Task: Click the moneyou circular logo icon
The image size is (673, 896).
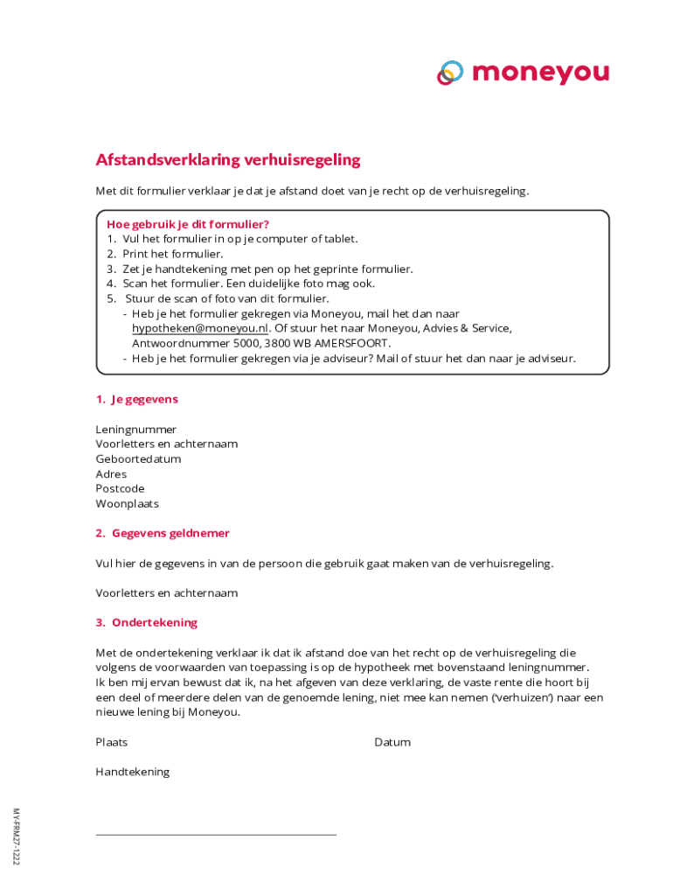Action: pyautogui.click(x=450, y=73)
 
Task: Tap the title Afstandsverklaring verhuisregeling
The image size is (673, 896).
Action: pyautogui.click(x=227, y=160)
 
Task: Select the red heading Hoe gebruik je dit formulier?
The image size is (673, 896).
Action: pyautogui.click(x=187, y=224)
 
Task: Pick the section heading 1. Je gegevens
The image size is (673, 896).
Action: pyautogui.click(x=137, y=399)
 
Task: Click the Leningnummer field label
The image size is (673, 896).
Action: pyautogui.click(x=135, y=430)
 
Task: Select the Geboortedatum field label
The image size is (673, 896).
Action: pyautogui.click(x=138, y=459)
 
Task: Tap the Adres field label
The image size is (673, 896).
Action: pyautogui.click(x=111, y=474)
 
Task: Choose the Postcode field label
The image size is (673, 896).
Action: pyautogui.click(x=120, y=489)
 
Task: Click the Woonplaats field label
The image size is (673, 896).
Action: pyautogui.click(x=127, y=504)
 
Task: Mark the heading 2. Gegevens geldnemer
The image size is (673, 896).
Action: pyautogui.click(x=163, y=533)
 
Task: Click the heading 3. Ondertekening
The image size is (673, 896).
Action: pyautogui.click(x=147, y=623)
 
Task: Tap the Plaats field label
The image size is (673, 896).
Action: pyautogui.click(x=111, y=742)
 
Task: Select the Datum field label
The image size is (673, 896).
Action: pyautogui.click(x=392, y=742)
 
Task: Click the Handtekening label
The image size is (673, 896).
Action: pyautogui.click(x=132, y=772)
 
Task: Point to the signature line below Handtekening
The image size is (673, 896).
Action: pyautogui.click(x=215, y=835)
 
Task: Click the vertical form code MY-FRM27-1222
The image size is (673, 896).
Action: pyautogui.click(x=16, y=836)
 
